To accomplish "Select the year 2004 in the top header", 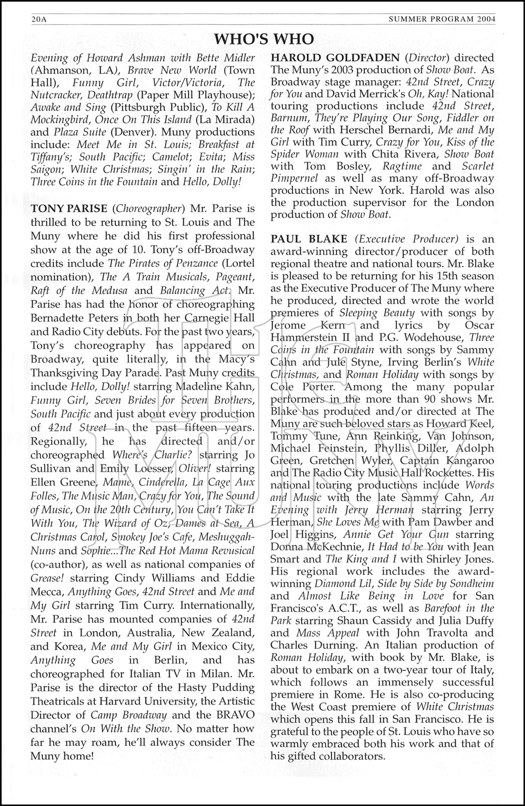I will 482,20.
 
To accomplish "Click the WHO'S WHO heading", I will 263,39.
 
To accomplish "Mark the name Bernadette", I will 57,318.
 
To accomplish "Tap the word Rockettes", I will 444,473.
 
